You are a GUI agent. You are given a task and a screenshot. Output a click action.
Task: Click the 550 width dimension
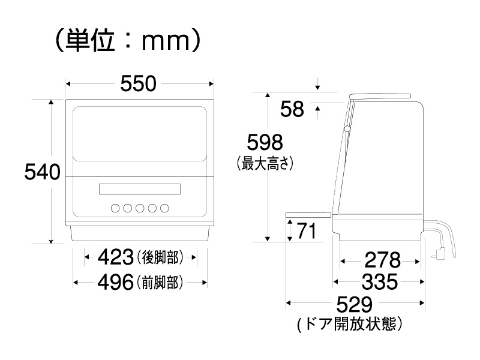(x=139, y=83)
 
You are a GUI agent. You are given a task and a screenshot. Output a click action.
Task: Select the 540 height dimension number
(x=42, y=172)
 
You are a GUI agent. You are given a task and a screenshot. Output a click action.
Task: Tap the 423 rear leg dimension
(x=116, y=257)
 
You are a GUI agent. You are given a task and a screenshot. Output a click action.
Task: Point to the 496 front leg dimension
(x=116, y=282)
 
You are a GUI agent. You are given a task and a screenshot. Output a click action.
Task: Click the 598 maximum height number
(x=265, y=142)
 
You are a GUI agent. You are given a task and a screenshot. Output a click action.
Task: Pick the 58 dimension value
(x=292, y=109)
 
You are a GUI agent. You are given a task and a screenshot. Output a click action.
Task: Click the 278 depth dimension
(x=383, y=260)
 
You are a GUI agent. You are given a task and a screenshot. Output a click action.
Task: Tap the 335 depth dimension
(x=380, y=281)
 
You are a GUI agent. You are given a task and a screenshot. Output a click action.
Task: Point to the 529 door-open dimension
(x=355, y=304)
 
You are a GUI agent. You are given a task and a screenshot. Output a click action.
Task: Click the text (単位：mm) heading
(x=128, y=40)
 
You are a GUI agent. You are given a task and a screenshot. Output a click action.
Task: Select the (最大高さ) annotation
(x=265, y=163)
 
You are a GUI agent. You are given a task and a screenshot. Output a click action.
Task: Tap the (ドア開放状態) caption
(x=349, y=324)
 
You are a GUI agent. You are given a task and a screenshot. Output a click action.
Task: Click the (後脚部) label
(x=160, y=257)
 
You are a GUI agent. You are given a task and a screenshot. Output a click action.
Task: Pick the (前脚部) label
(x=160, y=282)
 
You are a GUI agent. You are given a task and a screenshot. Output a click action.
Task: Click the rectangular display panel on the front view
(x=140, y=189)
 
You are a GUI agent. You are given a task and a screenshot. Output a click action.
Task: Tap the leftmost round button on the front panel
(x=115, y=208)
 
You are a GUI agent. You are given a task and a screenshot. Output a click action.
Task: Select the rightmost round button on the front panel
(x=164, y=208)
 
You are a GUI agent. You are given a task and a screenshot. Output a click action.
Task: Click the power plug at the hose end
(x=438, y=253)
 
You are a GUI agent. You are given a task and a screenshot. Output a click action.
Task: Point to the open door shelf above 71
(x=308, y=215)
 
